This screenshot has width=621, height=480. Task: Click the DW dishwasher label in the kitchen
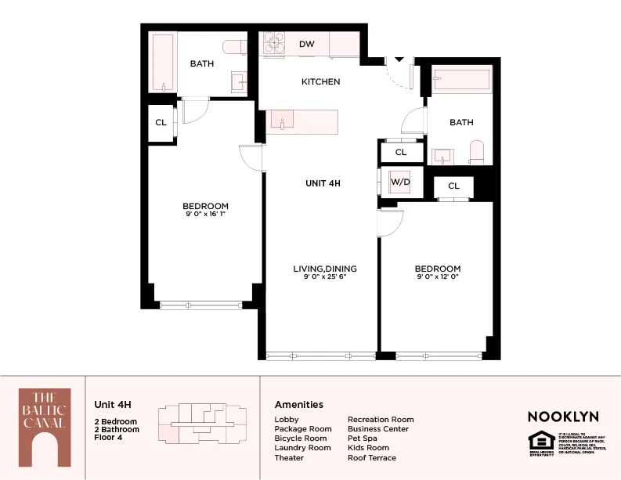pyautogui.click(x=307, y=45)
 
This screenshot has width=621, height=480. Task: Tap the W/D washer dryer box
pyautogui.click(x=400, y=182)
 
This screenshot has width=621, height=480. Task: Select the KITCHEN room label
pyautogui.click(x=321, y=81)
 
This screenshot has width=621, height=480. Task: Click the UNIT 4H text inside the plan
pyautogui.click(x=323, y=183)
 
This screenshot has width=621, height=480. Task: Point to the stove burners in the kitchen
pyautogui.click(x=273, y=44)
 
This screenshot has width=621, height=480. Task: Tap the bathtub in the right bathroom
pyautogui.click(x=461, y=79)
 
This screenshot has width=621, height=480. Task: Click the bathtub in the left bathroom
pyautogui.click(x=163, y=63)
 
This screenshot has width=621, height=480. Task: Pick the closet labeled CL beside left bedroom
pyautogui.click(x=161, y=123)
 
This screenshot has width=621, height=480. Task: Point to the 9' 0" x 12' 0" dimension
pyautogui.click(x=438, y=276)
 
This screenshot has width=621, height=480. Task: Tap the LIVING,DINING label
pyautogui.click(x=320, y=269)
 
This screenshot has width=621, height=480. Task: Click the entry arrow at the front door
pyautogui.click(x=399, y=59)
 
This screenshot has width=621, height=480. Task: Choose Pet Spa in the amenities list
pyautogui.click(x=363, y=438)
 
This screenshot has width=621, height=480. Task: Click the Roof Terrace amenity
pyautogui.click(x=371, y=457)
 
